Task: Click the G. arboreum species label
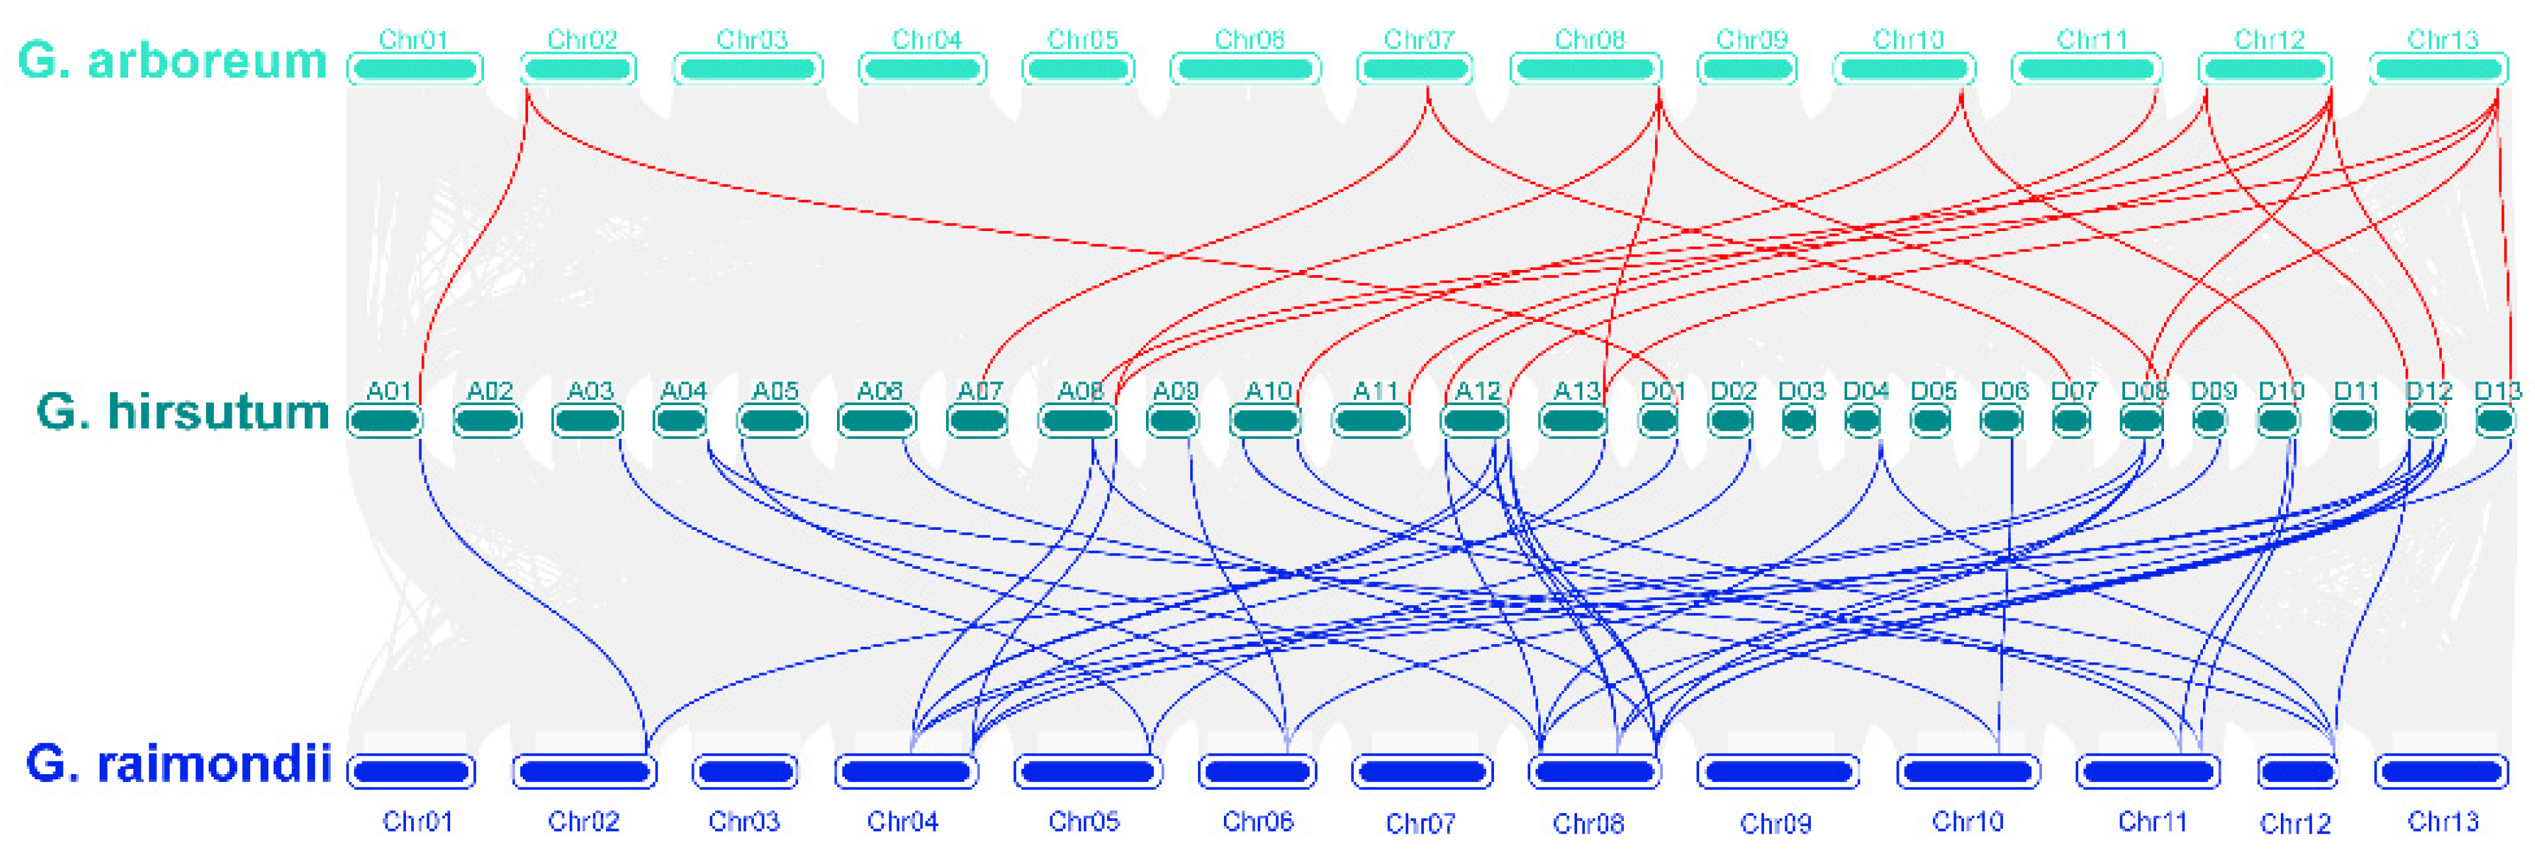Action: click(172, 61)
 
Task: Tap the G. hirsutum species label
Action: click(182, 411)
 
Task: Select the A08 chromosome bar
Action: click(1077, 421)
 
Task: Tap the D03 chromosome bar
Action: click(1799, 421)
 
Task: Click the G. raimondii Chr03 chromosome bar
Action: click(745, 771)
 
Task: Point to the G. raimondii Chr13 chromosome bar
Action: click(2441, 771)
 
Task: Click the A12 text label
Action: click(1477, 391)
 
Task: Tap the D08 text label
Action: click(2144, 391)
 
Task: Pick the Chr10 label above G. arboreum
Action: click(1908, 40)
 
